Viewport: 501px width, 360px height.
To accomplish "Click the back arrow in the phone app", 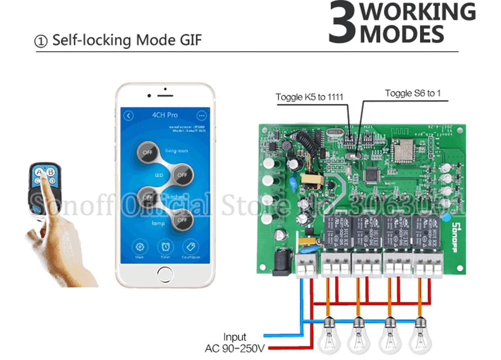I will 129,116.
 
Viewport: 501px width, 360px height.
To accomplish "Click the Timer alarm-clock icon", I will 165,247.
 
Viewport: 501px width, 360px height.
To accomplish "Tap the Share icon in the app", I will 140,247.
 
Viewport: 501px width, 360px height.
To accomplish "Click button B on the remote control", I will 51,171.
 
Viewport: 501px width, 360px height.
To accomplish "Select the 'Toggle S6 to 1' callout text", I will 412,93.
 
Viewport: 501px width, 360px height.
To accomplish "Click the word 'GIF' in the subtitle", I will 188,40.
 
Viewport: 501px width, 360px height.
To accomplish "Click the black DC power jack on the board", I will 281,264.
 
